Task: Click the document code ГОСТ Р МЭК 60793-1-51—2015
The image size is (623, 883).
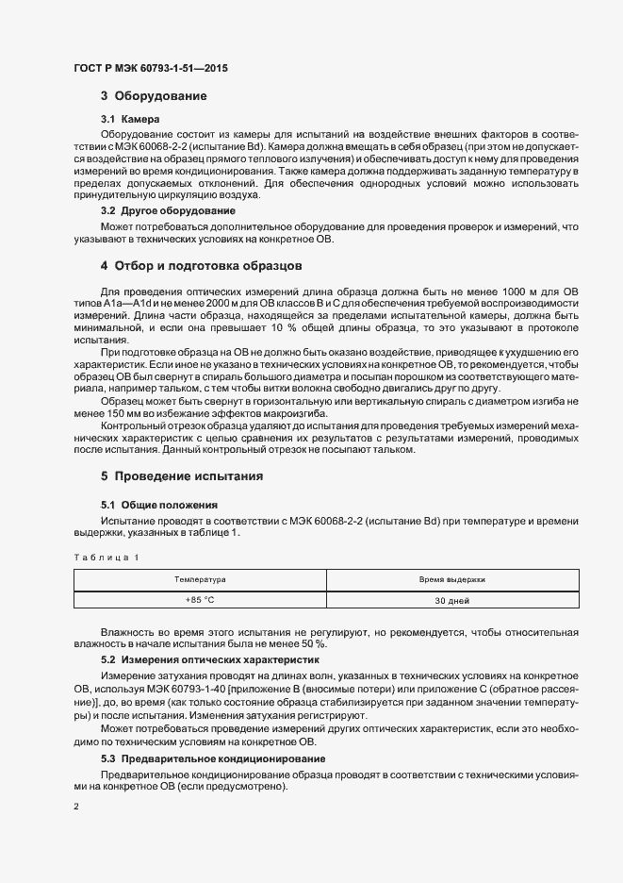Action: coord(150,69)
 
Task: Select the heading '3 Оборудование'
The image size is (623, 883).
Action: coord(154,96)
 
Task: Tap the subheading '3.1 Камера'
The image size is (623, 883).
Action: coord(131,119)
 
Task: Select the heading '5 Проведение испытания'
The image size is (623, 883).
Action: coord(182,476)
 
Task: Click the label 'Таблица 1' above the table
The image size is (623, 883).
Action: coord(106,558)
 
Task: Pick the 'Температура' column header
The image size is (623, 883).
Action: coord(200,579)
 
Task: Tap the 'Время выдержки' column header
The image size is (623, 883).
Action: coord(452,579)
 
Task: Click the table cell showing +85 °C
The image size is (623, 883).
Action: coord(200,600)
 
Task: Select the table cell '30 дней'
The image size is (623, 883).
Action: coord(452,600)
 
